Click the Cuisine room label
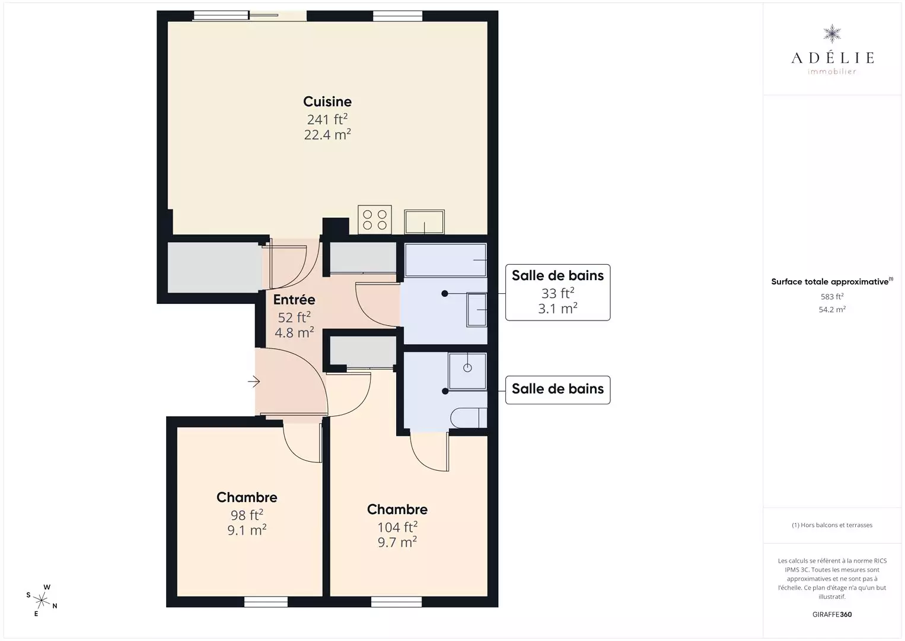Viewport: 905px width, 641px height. point(327,101)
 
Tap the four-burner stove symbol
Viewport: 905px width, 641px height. point(375,220)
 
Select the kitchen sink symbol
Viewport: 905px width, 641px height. point(424,221)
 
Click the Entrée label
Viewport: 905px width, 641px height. point(294,299)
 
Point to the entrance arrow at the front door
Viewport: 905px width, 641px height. point(254,382)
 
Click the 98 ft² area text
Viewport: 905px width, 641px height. point(247,515)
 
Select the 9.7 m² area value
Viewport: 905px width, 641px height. point(397,542)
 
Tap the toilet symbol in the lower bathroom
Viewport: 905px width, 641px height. point(469,418)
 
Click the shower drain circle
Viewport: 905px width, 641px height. point(467,368)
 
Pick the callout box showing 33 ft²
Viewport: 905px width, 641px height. point(557,293)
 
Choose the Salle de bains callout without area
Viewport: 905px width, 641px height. point(557,390)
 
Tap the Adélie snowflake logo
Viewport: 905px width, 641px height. point(832,34)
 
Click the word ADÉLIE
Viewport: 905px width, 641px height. point(832,58)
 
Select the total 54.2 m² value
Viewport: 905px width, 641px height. point(832,309)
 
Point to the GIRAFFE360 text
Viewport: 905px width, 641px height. point(832,614)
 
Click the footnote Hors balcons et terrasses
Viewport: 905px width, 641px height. point(832,525)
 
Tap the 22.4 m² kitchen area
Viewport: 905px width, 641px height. point(327,134)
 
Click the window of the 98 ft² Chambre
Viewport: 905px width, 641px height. point(266,602)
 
